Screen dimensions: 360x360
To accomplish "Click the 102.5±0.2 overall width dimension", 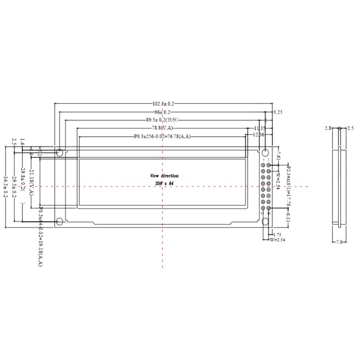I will click(x=162, y=103).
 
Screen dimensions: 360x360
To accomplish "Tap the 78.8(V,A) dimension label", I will click(x=162, y=128).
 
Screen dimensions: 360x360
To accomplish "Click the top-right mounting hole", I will click(x=265, y=152).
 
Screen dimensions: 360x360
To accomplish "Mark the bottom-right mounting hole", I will click(x=265, y=221).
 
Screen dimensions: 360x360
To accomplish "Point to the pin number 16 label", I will click(x=269, y=213).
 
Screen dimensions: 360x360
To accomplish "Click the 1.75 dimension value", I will click(x=278, y=235).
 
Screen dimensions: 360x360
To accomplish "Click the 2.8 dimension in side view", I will click(x=328, y=128).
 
